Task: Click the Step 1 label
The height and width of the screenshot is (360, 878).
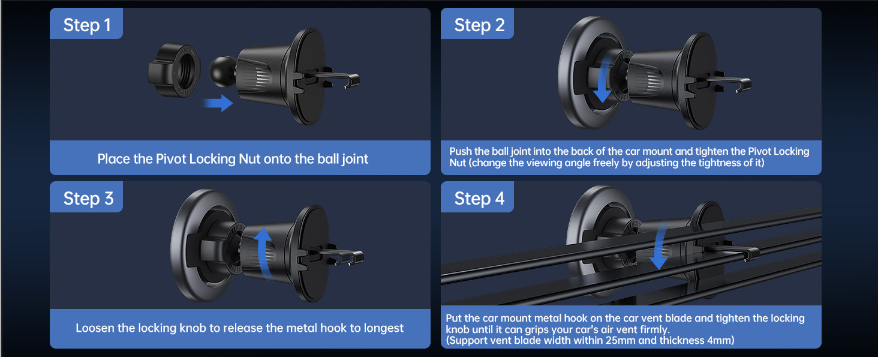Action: (86, 25)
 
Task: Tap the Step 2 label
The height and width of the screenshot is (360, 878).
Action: (479, 25)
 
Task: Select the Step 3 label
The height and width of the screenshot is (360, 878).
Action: (88, 199)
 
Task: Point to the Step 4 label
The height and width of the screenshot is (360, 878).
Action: (479, 199)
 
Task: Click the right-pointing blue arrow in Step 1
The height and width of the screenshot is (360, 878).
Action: (218, 103)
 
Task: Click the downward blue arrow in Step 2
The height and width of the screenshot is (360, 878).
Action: (603, 79)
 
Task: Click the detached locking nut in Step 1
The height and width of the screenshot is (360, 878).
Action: (175, 71)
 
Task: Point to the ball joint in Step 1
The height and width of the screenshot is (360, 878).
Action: (222, 71)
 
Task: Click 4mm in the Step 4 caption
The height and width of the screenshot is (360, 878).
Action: (720, 340)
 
